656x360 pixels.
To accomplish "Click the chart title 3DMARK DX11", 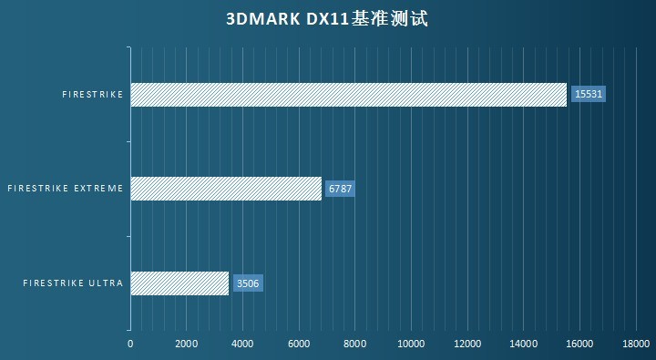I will coord(326,18).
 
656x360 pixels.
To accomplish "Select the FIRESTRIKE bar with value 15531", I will coord(348,94).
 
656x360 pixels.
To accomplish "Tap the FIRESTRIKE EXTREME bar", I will coord(226,189).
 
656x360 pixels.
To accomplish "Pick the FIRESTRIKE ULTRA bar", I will coord(179,283).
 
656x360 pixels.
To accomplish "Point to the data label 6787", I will coord(339,189).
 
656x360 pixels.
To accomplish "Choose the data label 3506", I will coord(248,283).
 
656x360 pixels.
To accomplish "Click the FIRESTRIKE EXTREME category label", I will coord(65,189).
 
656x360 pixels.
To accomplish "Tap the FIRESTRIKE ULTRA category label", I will coord(73,283).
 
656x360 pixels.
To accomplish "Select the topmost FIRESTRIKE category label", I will coord(92,94).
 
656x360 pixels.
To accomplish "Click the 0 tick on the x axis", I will coord(130,344).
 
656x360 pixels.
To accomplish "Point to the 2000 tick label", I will coord(186,344).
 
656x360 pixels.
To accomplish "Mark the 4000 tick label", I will coord(242,344).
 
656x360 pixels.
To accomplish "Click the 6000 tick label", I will coord(299,344).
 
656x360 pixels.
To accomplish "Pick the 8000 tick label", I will coord(354,344).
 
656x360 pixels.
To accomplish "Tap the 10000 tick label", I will coord(411,344).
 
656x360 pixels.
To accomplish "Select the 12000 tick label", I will coord(467,344).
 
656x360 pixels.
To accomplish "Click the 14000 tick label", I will coord(524,344).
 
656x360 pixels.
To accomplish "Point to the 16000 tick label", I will coord(579,344).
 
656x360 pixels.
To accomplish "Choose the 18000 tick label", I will coord(636,344).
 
